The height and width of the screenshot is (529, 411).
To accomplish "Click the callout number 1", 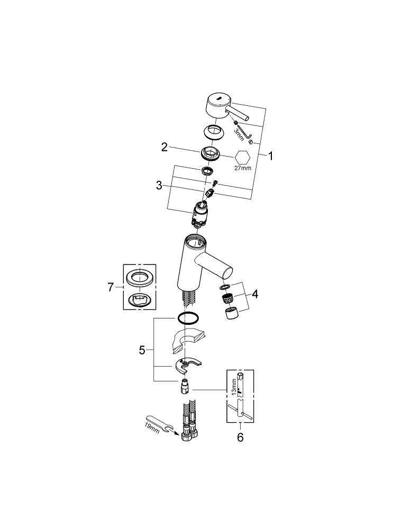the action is coord(270,156).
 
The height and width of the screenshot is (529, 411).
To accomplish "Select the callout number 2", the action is coord(165,147).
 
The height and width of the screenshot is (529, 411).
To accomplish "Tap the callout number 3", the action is coord(159,186).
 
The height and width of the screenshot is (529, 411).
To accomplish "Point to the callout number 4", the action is coord(255,294).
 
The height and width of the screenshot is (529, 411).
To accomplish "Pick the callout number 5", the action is coord(142,351).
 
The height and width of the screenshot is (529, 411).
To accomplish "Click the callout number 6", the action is coord(240,437).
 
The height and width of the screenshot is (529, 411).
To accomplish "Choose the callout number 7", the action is coord(111,287).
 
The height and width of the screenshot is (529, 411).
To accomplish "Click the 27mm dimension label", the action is coord(243,168).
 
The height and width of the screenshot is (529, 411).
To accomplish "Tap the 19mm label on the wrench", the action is coord(152,428).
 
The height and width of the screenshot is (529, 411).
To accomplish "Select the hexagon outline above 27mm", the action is coord(242,157).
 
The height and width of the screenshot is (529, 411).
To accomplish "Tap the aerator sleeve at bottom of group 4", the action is coord(231,313).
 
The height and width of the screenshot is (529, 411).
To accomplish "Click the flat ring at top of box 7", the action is coord(139,278).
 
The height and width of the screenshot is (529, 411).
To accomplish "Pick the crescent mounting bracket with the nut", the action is coord(188,366).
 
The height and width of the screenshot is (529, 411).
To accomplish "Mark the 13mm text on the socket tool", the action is coord(234,386).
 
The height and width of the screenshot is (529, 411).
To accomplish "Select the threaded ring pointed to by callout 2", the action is coord(211,153).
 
